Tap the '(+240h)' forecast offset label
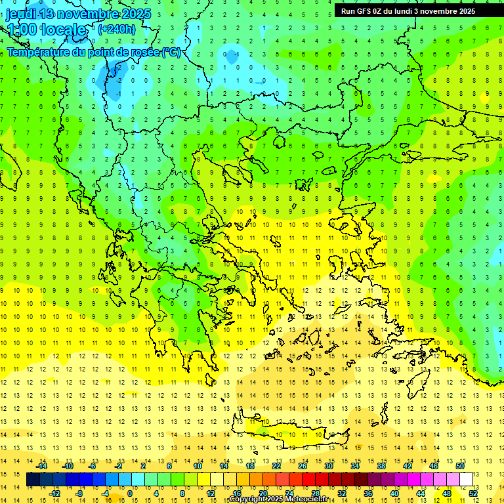(117, 29)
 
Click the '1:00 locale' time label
(46, 30)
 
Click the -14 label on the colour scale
(43, 466)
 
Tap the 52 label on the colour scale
(473, 493)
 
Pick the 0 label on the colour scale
(129, 493)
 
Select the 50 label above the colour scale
(459, 466)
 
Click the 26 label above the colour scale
(302, 466)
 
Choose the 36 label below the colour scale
(367, 493)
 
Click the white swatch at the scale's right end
(466, 479)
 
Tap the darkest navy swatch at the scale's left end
(33, 479)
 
